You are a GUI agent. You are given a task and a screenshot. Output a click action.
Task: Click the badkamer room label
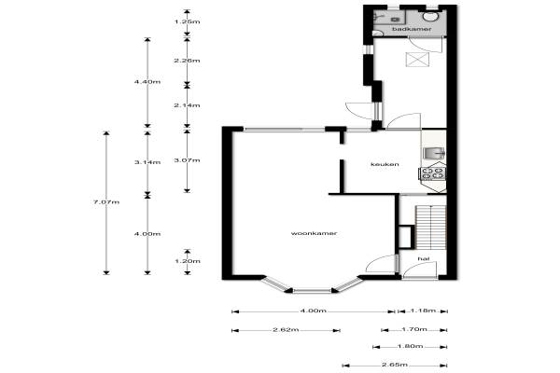tap(412, 29)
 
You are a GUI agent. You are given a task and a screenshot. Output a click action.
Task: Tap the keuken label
tap(385, 164)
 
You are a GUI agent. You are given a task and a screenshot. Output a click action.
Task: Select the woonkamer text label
tap(314, 233)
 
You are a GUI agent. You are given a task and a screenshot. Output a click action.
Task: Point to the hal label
tap(424, 258)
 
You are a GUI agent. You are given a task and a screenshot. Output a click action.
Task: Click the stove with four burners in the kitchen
tap(432, 173)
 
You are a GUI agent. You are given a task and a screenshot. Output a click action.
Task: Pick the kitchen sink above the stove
tap(434, 153)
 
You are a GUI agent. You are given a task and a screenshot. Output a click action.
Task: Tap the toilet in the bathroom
tap(431, 17)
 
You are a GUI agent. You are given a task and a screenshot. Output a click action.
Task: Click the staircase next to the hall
tap(431, 227)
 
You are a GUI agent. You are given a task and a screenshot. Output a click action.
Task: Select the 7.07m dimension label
tap(106, 202)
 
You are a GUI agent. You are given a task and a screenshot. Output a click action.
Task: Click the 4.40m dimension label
tap(147, 82)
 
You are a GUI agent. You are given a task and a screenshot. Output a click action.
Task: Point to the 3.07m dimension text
tap(187, 160)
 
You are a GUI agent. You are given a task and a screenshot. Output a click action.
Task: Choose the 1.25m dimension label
tap(187, 21)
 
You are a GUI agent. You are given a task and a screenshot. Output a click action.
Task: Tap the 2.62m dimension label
tap(286, 329)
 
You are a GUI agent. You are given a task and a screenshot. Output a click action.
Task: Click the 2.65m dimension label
tap(394, 365)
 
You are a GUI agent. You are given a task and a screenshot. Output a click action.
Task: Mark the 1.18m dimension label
tap(423, 311)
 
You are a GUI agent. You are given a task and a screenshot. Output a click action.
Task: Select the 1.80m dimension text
tap(410, 346)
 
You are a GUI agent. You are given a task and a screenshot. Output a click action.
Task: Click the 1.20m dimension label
tap(187, 261)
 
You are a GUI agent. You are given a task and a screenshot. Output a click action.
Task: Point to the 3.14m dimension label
tap(147, 162)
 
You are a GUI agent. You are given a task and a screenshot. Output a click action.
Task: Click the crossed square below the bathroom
tap(417, 60)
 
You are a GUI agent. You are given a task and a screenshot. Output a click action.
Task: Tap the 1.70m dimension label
tap(414, 329)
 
